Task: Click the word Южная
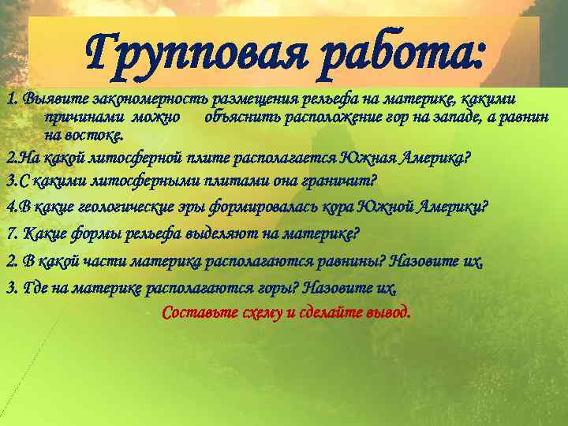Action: tap(371, 157)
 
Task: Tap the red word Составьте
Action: tap(196, 312)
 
